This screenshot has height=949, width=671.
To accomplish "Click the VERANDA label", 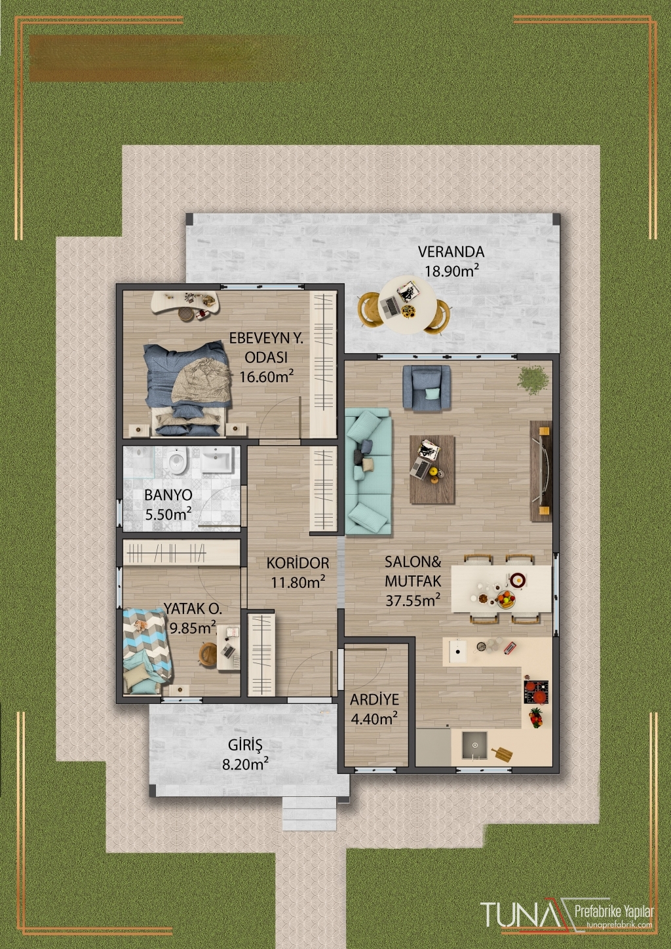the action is click(x=451, y=252).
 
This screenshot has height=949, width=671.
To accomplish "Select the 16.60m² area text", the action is click(x=267, y=377).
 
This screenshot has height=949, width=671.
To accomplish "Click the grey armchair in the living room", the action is click(x=427, y=387).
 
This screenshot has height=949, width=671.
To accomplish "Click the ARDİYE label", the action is click(x=374, y=699).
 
